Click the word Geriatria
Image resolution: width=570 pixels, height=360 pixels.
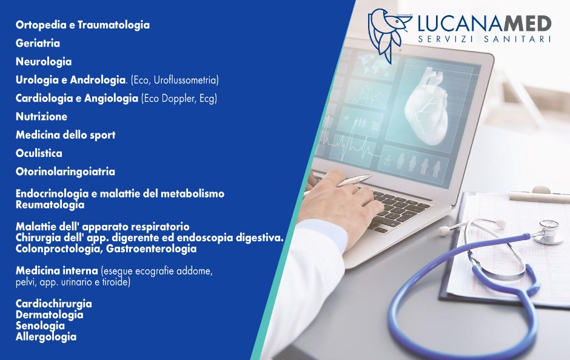(x=38, y=43)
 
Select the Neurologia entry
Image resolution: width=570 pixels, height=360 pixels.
(x=44, y=62)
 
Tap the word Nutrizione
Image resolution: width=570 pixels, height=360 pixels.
(x=41, y=116)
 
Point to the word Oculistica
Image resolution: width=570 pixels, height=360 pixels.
(x=39, y=153)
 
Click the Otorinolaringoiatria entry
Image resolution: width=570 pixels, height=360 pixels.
(x=65, y=172)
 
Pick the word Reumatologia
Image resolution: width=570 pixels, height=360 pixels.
(x=50, y=205)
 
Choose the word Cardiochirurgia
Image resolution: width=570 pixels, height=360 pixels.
(x=54, y=304)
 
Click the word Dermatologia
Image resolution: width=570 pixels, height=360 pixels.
(x=50, y=315)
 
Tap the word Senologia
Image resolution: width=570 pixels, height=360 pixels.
(x=41, y=326)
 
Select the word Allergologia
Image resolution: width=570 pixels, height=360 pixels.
(x=46, y=337)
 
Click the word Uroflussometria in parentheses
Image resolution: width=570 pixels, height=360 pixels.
(x=186, y=80)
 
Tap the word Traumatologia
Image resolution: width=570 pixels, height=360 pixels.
(x=114, y=25)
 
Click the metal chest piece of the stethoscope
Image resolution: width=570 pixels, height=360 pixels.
(x=548, y=232)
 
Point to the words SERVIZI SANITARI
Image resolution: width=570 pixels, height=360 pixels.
(x=485, y=39)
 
